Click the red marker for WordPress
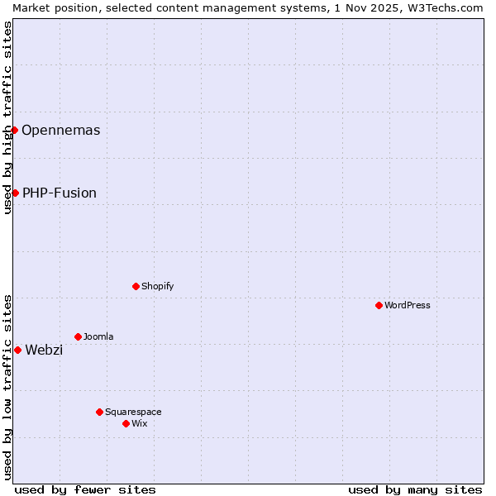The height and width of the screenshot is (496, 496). (379, 305)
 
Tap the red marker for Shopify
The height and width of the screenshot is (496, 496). (136, 286)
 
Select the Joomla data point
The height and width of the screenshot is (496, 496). (78, 336)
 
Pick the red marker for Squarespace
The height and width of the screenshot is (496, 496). (99, 412)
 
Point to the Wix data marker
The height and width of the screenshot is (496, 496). (126, 423)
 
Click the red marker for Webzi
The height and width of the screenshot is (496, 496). (17, 350)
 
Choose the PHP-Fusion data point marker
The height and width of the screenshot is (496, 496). (15, 193)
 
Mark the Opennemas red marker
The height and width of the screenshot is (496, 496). (14, 130)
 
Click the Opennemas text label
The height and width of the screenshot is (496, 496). (60, 130)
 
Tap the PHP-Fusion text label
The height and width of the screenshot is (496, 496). (60, 193)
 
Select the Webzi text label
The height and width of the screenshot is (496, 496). (44, 350)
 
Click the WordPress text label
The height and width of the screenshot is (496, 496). (408, 305)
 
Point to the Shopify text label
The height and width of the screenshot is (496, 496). (157, 286)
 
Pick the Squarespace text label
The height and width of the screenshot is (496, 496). (133, 412)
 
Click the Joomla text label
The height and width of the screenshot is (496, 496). (98, 336)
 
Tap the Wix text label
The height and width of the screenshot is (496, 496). (140, 423)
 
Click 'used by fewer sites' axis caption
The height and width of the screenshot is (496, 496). (85, 489)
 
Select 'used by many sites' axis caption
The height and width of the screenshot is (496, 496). (415, 489)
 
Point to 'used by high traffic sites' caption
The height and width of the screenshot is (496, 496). (7, 117)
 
